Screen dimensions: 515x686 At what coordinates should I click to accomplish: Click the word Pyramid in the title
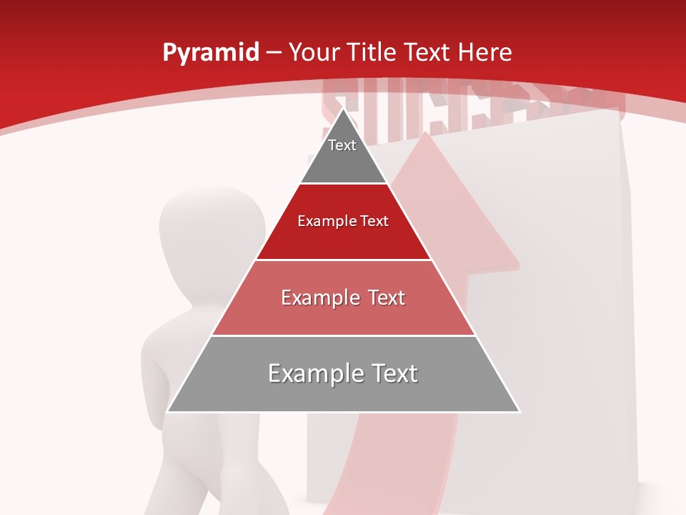(x=210, y=53)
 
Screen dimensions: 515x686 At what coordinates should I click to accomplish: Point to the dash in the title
(x=274, y=53)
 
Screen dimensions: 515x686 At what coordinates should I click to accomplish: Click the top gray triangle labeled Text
(x=343, y=154)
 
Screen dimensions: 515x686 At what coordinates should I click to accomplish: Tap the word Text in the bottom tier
(x=392, y=374)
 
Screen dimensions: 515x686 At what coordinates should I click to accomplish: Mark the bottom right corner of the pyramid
(x=520, y=411)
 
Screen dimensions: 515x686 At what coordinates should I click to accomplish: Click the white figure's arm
(x=154, y=372)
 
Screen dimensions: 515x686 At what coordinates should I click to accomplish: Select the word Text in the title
(x=428, y=53)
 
